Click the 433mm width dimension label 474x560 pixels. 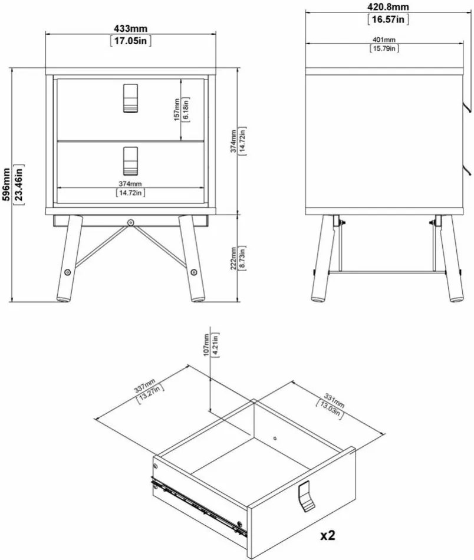(130, 28)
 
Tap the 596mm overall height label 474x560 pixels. (6, 185)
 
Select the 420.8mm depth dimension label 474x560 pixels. (388, 7)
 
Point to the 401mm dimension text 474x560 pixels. (384, 40)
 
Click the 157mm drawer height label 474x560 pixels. (177, 109)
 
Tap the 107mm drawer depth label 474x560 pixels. (206, 344)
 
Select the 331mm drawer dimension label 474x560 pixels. (334, 400)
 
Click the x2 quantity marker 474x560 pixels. (328, 535)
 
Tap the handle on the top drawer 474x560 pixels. (130, 98)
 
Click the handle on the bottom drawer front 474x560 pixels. (130, 161)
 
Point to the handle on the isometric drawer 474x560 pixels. (306, 496)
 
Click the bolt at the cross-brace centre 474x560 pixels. (131, 222)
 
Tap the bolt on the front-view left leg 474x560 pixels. (68, 272)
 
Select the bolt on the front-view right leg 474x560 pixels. (193, 272)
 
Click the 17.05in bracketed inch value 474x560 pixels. (130, 41)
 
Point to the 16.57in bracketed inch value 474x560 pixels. (388, 19)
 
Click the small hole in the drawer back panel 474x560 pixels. (275, 438)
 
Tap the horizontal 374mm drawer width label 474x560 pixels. (130, 183)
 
